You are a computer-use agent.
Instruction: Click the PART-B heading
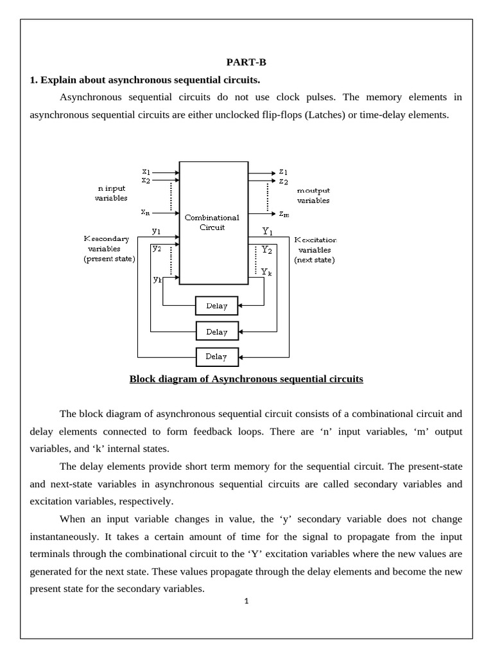246,62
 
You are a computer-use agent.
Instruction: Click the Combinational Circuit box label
212,222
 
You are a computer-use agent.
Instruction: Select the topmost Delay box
217,306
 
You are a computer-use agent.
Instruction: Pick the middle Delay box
217,332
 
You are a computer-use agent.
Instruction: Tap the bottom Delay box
217,356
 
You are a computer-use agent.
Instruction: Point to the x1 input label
146,172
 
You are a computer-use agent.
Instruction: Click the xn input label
146,211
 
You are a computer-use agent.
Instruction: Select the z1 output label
283,172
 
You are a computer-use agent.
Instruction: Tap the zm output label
284,213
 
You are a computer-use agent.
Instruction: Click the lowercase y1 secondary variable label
157,230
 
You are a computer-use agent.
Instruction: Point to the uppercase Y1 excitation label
268,230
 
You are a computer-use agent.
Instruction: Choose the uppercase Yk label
266,272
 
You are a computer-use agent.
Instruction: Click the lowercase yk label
157,279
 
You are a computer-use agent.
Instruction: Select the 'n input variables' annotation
111,193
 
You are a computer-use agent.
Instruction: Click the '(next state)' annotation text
315,260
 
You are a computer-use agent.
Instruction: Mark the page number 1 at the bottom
246,601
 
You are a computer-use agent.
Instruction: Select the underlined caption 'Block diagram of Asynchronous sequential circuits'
246,379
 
